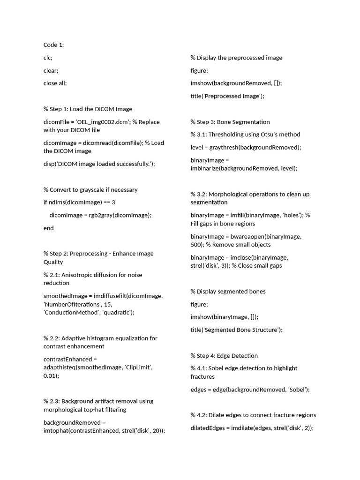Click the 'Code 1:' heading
pyautogui.click(x=53, y=45)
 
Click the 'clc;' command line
pyautogui.click(x=48, y=58)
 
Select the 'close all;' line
pyautogui.click(x=55, y=83)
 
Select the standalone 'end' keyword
pyautogui.click(x=49, y=228)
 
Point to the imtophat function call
pyautogui.click(x=57, y=431)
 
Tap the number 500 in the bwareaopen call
pyautogui.click(x=196, y=245)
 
